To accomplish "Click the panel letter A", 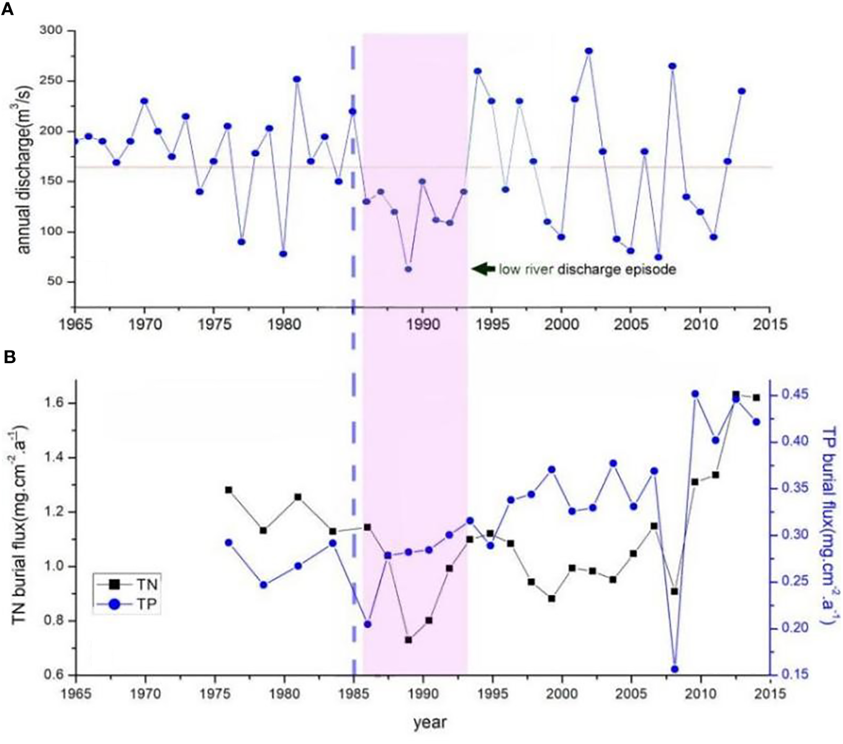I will pos(9,10).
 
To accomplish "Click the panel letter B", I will pos(9,357).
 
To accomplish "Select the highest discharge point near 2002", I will pos(588,51).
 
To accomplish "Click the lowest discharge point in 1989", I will pos(408,269).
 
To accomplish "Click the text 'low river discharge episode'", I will pos(587,270).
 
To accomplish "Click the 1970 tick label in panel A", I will pos(145,324).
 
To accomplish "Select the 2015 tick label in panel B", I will pos(770,692).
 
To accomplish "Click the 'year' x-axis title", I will pos(430,723).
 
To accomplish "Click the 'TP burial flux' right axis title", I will pos(828,524).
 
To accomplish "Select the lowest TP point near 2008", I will pos(675,669).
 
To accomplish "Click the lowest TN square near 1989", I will pos(408,640).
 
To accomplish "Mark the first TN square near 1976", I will pos(228,490).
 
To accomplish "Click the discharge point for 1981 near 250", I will pos(297,79).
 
